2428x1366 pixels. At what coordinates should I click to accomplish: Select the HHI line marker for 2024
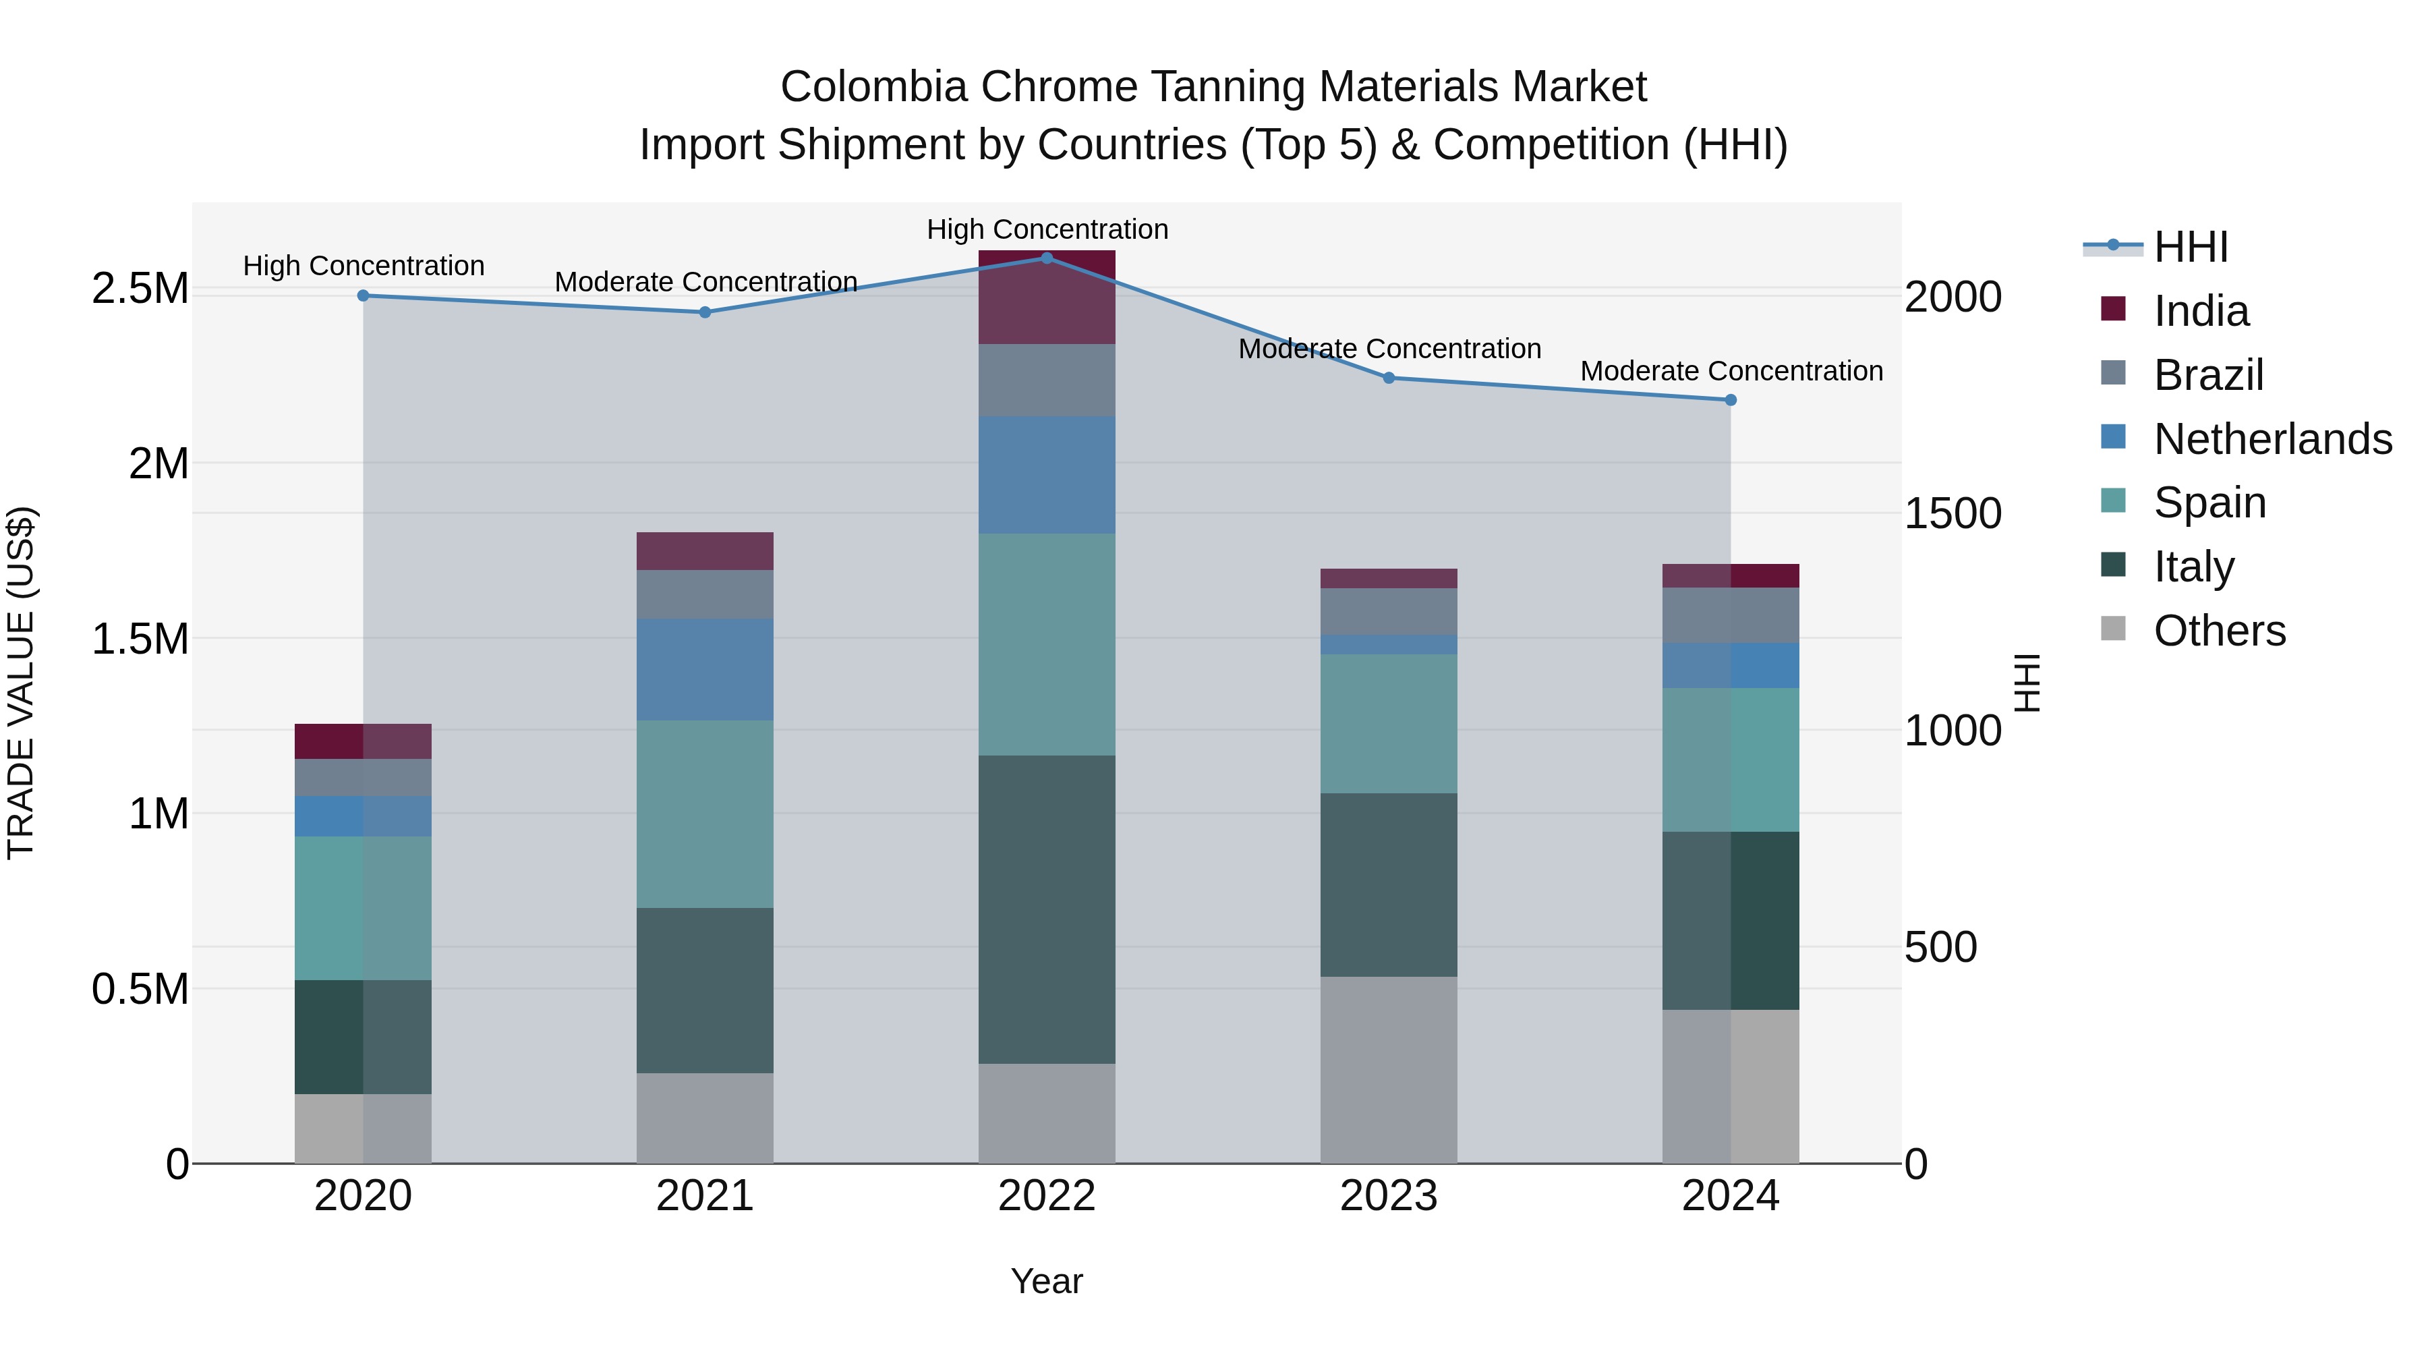pos(1731,400)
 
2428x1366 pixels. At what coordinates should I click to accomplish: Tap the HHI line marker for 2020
pos(363,295)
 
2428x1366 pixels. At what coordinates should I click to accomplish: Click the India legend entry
pos(2200,311)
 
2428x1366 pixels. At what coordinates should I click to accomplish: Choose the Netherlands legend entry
pos(2272,439)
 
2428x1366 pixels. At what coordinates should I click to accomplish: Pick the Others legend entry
pos(2219,631)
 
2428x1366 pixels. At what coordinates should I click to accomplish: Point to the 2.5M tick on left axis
pos(140,289)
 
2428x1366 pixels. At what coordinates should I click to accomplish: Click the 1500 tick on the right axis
pos(1952,514)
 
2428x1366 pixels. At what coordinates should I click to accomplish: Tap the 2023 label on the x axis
pos(1389,1196)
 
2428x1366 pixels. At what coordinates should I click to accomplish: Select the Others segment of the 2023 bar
pos(1389,1069)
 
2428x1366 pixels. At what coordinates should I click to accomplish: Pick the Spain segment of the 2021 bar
pos(704,814)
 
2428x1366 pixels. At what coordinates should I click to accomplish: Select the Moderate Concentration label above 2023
pos(1389,349)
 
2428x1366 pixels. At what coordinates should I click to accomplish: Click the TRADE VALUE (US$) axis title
pos(21,683)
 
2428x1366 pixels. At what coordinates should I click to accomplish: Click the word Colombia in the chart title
pos(873,87)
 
